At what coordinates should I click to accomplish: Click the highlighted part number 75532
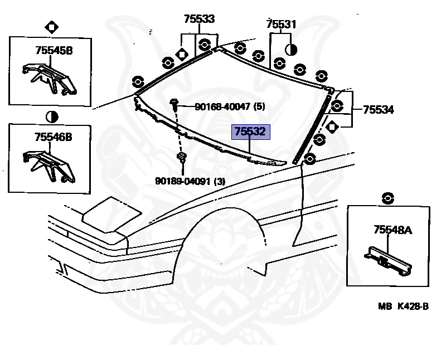250,132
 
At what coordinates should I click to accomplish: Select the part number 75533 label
199,19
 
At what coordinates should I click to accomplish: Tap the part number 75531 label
281,24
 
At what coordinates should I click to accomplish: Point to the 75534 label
379,110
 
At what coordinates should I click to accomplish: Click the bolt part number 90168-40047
230,106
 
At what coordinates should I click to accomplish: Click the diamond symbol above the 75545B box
51,26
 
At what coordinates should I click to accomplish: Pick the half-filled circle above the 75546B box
51,116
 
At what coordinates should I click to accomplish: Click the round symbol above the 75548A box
388,197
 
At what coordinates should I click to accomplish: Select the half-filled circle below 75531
290,49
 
